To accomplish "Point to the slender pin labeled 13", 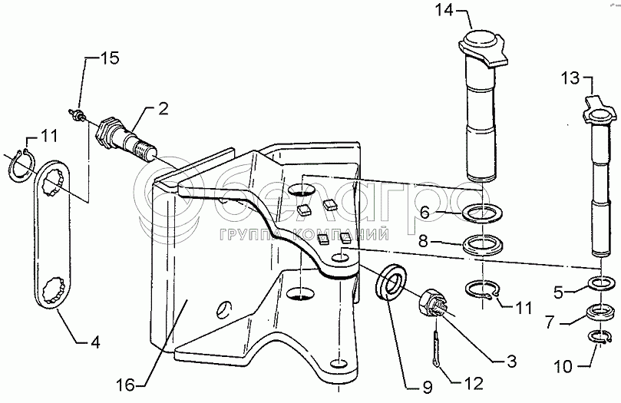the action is [x=599, y=177].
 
